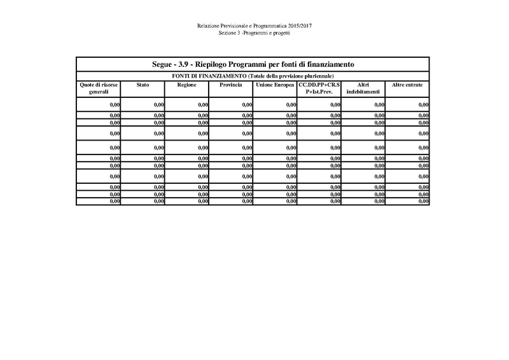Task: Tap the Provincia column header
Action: pos(230,85)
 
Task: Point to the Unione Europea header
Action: pos(274,85)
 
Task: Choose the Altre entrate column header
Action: pos(407,85)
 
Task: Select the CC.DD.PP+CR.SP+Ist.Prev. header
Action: pos(319,88)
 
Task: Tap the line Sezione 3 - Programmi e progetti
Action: pos(254,32)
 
